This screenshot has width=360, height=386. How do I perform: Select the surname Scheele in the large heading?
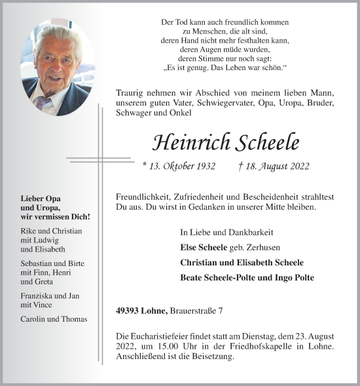[270, 142]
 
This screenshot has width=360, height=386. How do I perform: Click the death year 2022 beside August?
[297, 167]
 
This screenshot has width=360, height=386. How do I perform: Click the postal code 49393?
[128, 310]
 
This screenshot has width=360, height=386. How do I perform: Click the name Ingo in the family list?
[272, 278]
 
